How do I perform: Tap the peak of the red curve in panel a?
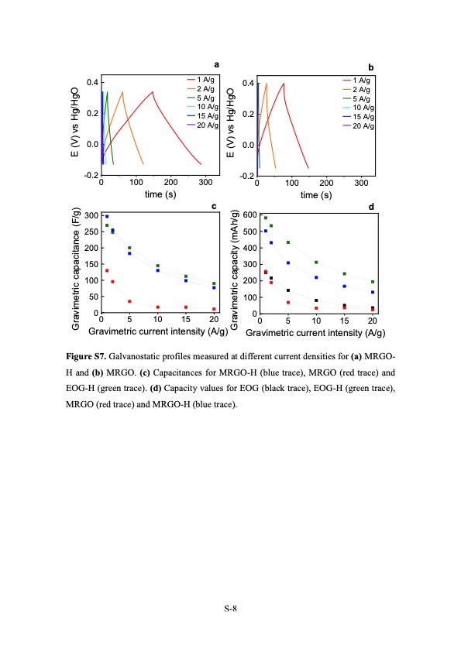click(x=153, y=92)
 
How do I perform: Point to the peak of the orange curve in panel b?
click(x=267, y=84)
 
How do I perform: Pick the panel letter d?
click(x=372, y=207)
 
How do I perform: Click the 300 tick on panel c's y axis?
click(x=91, y=215)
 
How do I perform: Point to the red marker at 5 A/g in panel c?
click(x=129, y=301)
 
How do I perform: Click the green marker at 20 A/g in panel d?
click(x=373, y=282)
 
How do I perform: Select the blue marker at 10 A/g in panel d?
click(x=316, y=277)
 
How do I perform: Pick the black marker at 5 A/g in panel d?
click(x=288, y=290)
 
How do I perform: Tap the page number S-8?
click(x=230, y=609)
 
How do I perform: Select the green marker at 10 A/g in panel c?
click(x=157, y=266)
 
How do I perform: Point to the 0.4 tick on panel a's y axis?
click(x=91, y=82)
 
